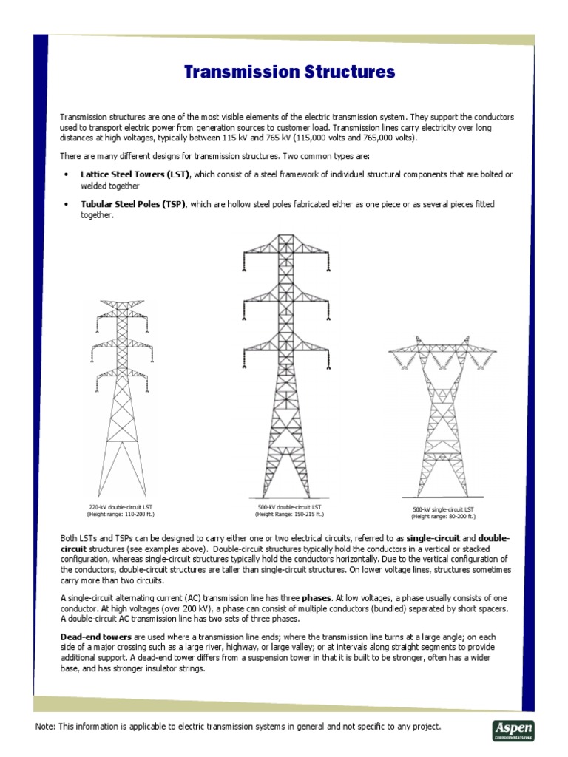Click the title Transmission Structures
(289, 72)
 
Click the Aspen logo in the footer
(513, 728)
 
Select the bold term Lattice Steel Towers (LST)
(135, 174)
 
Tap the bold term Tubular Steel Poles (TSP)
(132, 203)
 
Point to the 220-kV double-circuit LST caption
(121, 506)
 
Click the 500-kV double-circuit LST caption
(285, 507)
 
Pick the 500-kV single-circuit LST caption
(444, 510)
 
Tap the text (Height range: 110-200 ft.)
(121, 513)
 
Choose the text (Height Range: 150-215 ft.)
(285, 514)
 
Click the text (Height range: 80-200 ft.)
(444, 517)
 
